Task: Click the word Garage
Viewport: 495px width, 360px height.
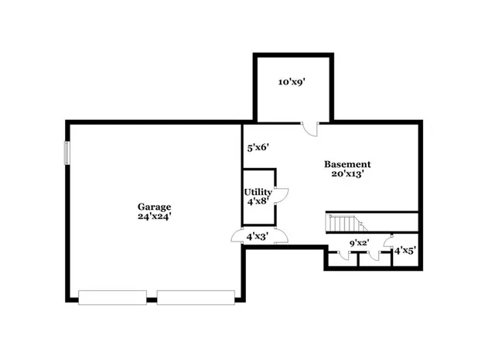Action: tap(154, 207)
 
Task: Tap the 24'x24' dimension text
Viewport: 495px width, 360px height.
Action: tap(154, 217)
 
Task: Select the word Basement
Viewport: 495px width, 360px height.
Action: tap(347, 164)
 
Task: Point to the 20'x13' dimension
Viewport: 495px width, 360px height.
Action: tap(347, 174)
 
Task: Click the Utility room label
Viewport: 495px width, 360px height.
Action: tap(258, 192)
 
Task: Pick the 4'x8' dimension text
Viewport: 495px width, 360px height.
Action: tap(258, 201)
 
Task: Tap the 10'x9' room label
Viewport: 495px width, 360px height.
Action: tap(292, 81)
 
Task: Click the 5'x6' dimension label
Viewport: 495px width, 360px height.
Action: tap(258, 146)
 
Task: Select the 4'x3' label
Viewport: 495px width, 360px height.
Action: tap(257, 236)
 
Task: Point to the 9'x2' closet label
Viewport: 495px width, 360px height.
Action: tap(359, 243)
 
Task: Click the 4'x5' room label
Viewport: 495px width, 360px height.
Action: tap(405, 251)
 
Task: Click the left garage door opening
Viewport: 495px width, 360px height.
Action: tap(113, 297)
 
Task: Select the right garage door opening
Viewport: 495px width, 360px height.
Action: tap(196, 297)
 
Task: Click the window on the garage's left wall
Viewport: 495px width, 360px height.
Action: tap(67, 153)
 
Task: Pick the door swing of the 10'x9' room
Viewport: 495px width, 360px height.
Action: tap(309, 129)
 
